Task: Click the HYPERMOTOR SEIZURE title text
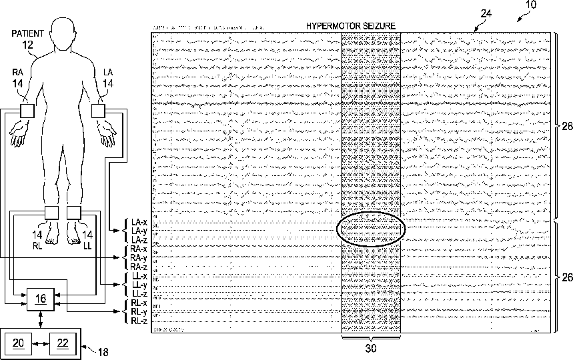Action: (x=351, y=25)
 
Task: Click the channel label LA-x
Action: (x=139, y=222)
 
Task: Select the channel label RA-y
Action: (x=139, y=257)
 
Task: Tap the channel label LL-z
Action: (x=139, y=293)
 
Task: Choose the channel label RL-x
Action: (x=139, y=303)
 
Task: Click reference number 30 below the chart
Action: (x=371, y=347)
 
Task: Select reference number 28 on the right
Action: (x=566, y=127)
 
